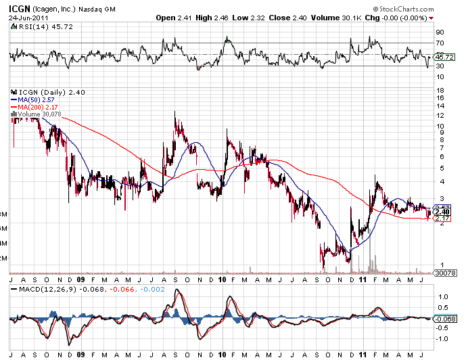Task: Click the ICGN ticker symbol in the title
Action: point(20,8)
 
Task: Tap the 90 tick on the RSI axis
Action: point(440,32)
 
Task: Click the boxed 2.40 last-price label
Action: point(443,212)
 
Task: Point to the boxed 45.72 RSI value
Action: point(444,57)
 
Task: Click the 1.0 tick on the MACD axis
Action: point(442,296)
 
